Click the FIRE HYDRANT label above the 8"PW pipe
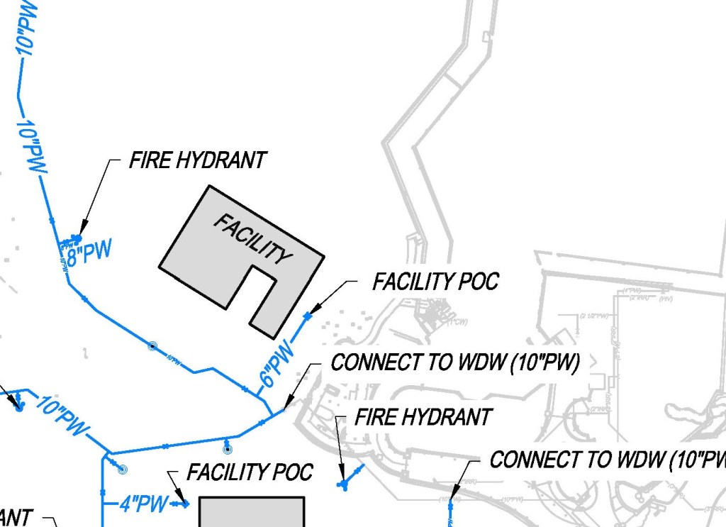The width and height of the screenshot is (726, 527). point(197,160)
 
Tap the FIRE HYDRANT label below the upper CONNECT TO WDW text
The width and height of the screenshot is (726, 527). point(423,417)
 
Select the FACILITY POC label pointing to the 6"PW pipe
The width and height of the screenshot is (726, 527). point(435,282)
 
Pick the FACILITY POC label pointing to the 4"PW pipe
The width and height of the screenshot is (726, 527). point(250,472)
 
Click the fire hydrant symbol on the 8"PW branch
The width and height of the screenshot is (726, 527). point(74,239)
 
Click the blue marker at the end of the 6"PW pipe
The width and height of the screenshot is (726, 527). point(307,316)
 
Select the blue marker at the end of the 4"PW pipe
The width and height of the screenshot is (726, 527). point(184,504)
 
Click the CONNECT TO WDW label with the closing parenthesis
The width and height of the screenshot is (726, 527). point(455,362)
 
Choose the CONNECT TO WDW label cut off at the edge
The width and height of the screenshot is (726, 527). point(608,460)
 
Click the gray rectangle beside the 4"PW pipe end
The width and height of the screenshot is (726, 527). point(252,511)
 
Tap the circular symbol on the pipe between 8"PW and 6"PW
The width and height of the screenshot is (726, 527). point(151,345)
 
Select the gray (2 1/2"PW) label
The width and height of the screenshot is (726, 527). point(594,314)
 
